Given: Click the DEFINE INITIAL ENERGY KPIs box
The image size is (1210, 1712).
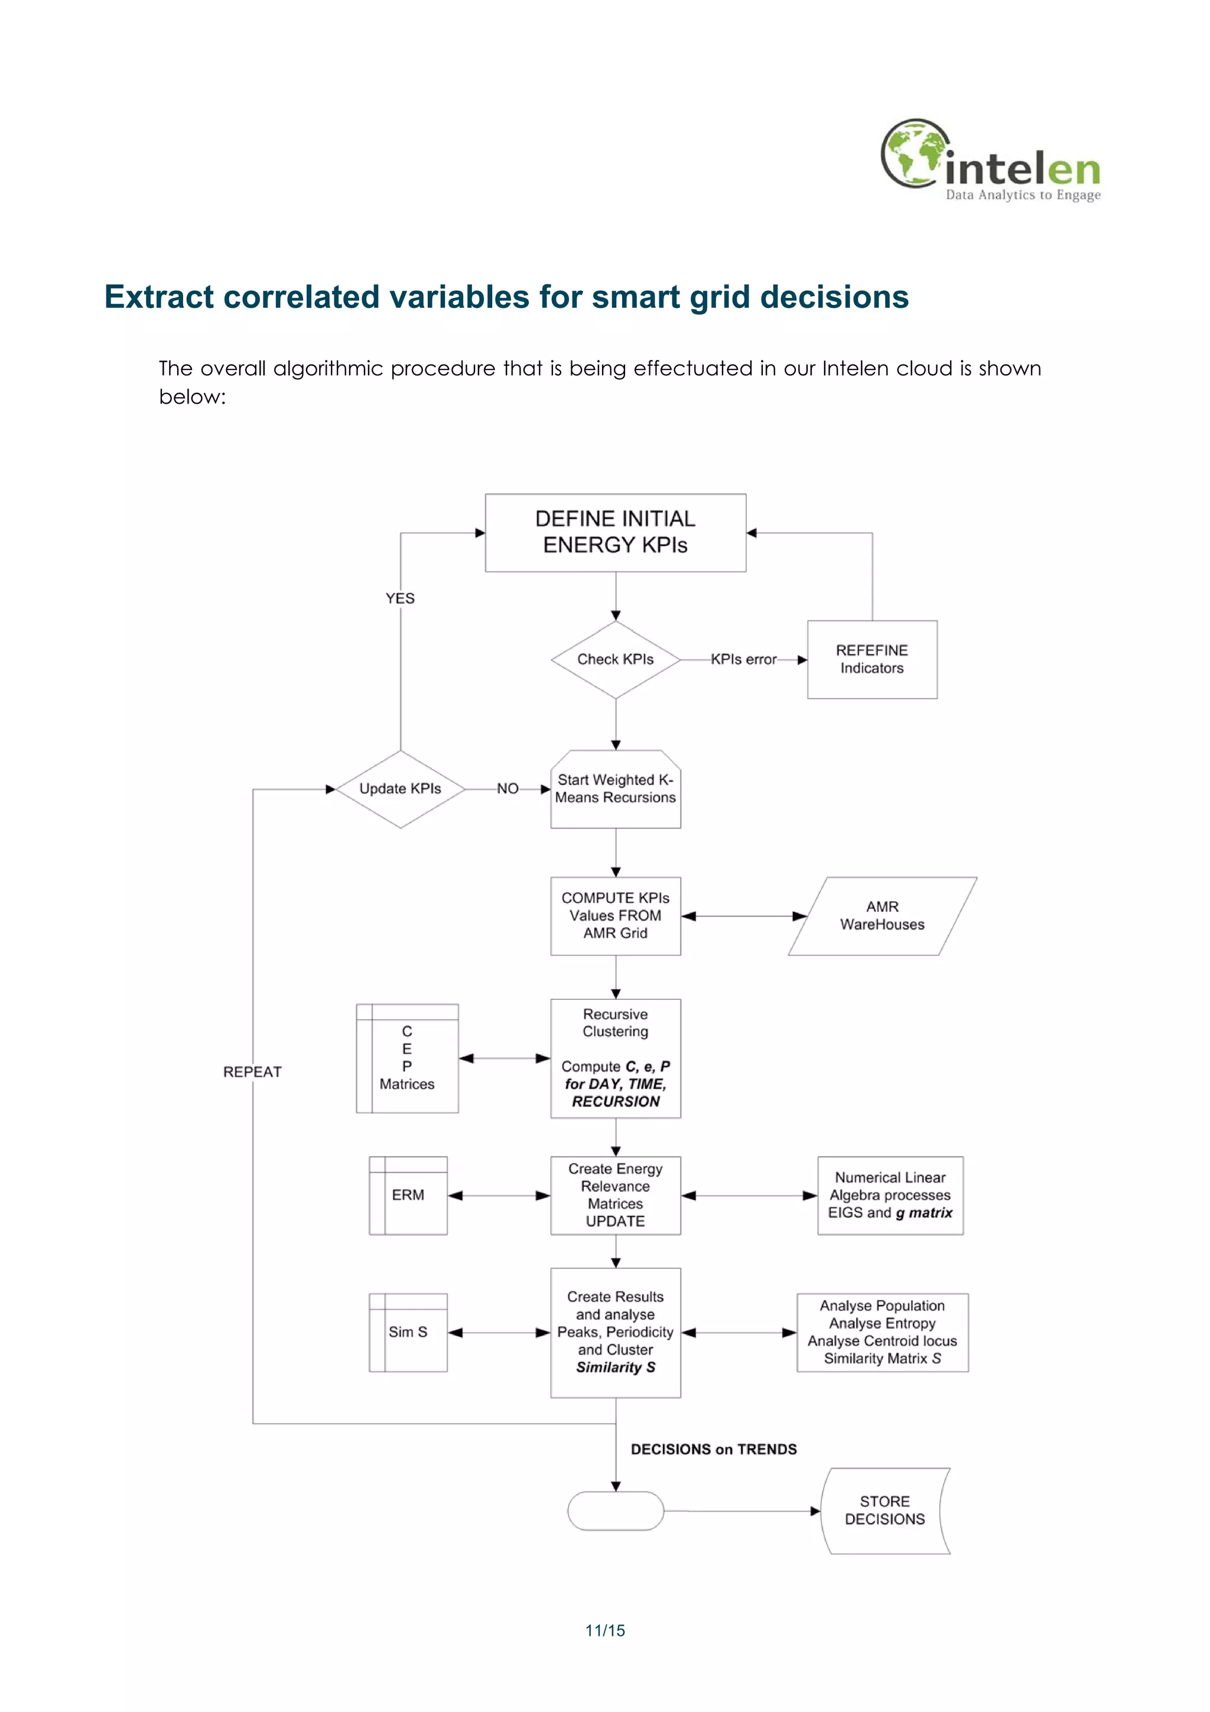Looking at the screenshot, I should click(x=615, y=532).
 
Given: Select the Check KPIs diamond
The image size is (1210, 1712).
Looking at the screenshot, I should click(x=615, y=659).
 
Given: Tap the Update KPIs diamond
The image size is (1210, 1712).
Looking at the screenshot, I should click(x=401, y=789).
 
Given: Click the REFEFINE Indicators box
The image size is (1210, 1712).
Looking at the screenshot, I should click(x=871, y=659).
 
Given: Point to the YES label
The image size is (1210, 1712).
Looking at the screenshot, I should click(x=401, y=598).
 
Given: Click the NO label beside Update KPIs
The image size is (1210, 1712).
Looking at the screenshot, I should click(x=508, y=789).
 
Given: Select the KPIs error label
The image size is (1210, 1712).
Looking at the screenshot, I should click(x=743, y=659).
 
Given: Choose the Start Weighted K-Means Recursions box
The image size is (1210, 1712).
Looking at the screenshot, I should click(x=615, y=789).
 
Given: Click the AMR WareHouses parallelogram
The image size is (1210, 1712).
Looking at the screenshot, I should click(x=882, y=915).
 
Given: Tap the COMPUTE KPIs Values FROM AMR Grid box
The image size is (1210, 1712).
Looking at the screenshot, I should click(x=615, y=915).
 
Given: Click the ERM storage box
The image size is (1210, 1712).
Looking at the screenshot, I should click(x=408, y=1196).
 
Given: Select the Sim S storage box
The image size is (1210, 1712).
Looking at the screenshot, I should click(x=408, y=1333).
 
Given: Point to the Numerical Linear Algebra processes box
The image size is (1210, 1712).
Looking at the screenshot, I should click(x=890, y=1196).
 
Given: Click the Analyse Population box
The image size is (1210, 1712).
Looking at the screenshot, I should click(x=882, y=1333).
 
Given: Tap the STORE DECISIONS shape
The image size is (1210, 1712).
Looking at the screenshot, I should click(x=884, y=1510).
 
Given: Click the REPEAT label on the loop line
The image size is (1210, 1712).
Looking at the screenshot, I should click(x=253, y=1071).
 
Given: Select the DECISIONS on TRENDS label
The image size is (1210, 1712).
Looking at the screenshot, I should click(x=714, y=1449).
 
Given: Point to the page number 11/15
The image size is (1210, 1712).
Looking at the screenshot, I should click(x=604, y=1630).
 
